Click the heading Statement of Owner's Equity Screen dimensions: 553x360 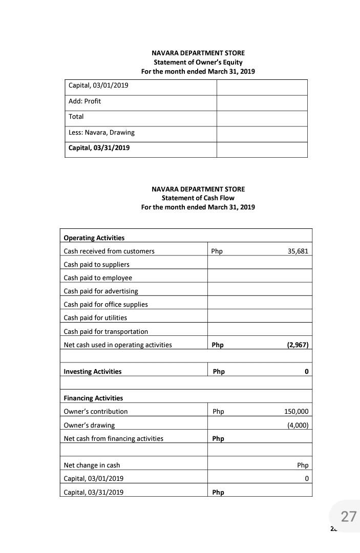pos(198,62)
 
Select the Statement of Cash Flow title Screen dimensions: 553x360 pos(198,198)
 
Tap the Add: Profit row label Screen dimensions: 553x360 pos(85,101)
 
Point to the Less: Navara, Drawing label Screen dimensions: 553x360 pos(101,133)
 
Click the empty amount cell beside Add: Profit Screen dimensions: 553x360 pos(262,103)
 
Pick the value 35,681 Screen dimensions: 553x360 pos(298,251)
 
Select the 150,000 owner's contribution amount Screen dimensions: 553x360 pos(296,412)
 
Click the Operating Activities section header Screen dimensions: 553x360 pos(94,238)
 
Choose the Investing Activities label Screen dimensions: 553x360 pos(92,372)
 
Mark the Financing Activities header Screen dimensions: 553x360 pos(93,398)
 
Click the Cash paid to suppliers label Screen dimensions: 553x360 pos(96,265)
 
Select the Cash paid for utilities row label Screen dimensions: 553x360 pos(95,318)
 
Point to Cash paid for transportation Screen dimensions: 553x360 pos(105,331)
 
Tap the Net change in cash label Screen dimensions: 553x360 pos(92,465)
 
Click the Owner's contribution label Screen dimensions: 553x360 pos(95,412)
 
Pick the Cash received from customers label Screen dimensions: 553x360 pos(109,251)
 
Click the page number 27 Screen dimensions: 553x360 pos(348,516)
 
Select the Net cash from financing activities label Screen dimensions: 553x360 pos(113,439)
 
